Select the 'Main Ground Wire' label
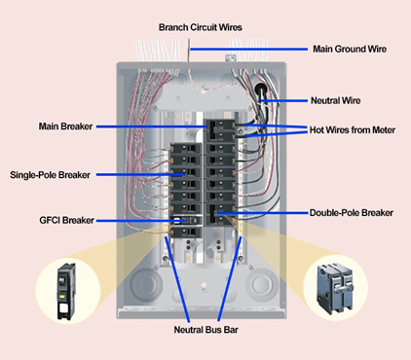(350, 49)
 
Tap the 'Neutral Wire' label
(337, 100)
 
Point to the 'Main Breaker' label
(64, 126)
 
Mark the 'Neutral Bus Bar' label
(204, 331)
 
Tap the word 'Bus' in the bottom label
(208, 331)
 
